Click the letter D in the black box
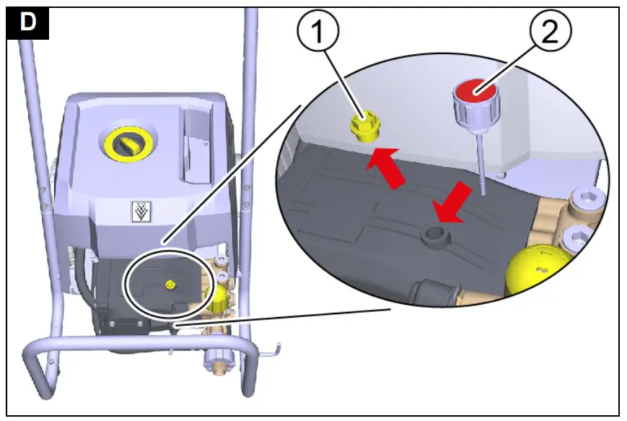[x=28, y=22]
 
